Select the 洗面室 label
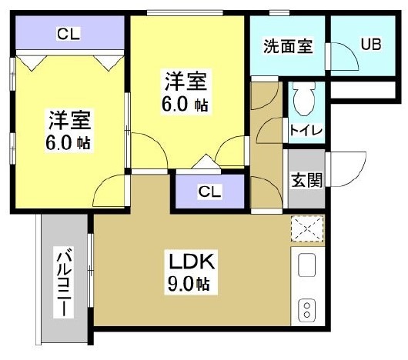(289, 45)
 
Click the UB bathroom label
(372, 45)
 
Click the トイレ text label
(306, 130)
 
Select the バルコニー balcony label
(63, 282)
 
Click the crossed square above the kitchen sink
(307, 229)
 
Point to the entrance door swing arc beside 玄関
(345, 165)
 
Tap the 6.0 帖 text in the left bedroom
(70, 143)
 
